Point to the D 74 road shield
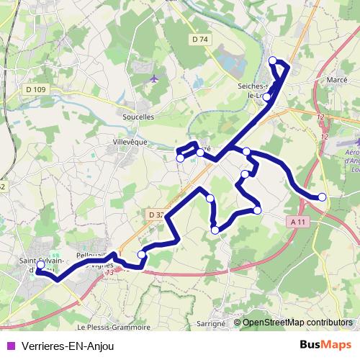tap(199, 38)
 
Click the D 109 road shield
tap(35, 89)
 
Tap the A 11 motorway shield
tap(300, 222)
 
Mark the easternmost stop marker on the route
tap(322, 197)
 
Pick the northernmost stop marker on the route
tap(272, 60)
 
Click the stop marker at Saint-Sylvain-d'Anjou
tap(40, 265)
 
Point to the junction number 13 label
tap(109, 272)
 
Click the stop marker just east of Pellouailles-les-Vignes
tap(142, 254)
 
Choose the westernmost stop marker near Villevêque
tap(179, 158)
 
